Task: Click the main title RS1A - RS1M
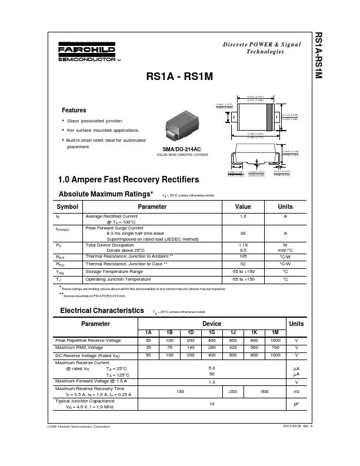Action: click(179, 76)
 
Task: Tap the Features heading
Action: click(74, 110)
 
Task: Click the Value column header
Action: click(243, 207)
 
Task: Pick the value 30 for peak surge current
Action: click(243, 233)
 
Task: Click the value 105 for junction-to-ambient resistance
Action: click(243, 257)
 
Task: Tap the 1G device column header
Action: click(211, 333)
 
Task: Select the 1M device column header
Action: click(275, 333)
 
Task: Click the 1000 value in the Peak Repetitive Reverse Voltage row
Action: click(275, 341)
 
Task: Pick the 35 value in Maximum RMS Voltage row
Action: click(148, 348)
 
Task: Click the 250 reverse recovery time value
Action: click(232, 391)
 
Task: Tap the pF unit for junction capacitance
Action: click(296, 405)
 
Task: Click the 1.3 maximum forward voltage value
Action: click(211, 382)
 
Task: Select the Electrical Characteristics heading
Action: click(102, 309)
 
